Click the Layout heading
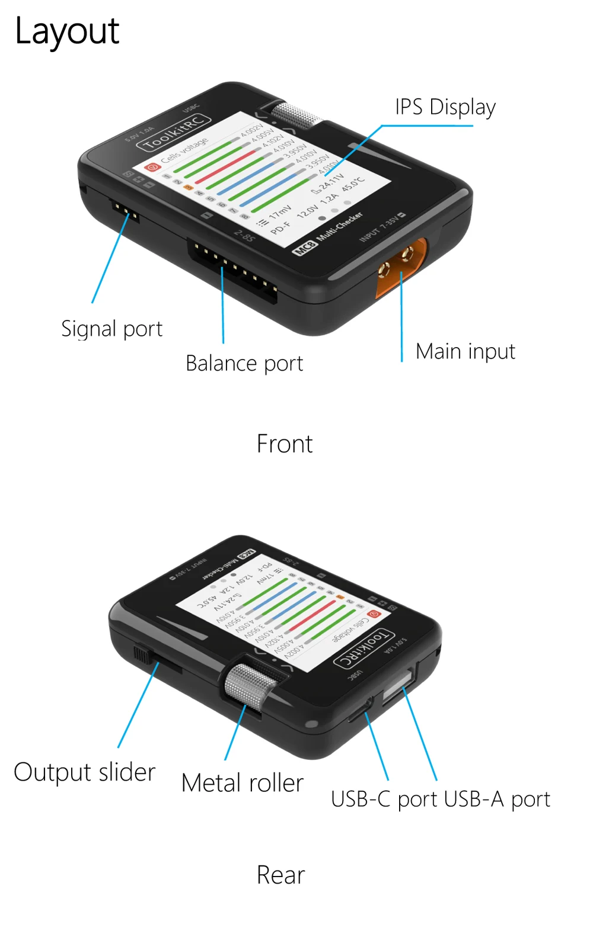pyautogui.click(x=67, y=31)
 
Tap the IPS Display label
pyautogui.click(x=445, y=107)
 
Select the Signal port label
pyautogui.click(x=111, y=329)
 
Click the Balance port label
pyautogui.click(x=244, y=363)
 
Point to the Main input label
pyautogui.click(x=465, y=351)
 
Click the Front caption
pyautogui.click(x=284, y=444)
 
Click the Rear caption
pyautogui.click(x=280, y=875)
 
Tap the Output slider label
pyautogui.click(x=84, y=772)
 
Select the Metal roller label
pyautogui.click(x=242, y=783)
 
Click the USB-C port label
pyautogui.click(x=384, y=799)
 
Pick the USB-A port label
pyautogui.click(x=497, y=799)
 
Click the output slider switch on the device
pyautogui.click(x=141, y=654)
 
